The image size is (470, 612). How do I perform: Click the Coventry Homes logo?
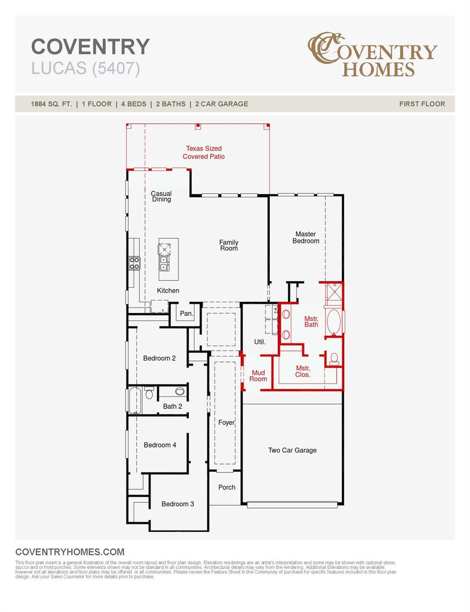click(x=372, y=55)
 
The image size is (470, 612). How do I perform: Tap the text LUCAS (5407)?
click(x=86, y=68)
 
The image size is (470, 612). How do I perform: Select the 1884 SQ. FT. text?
click(x=51, y=104)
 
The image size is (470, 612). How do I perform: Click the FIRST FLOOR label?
click(x=422, y=104)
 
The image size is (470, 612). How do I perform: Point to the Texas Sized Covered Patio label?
click(x=203, y=153)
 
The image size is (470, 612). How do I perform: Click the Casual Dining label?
click(x=161, y=196)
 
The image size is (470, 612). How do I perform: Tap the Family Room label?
click(x=229, y=245)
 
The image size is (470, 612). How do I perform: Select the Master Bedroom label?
click(x=306, y=237)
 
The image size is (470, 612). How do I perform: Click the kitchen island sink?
click(x=164, y=263)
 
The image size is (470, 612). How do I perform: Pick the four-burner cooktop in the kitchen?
click(x=134, y=263)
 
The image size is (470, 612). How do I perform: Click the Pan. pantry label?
click(x=186, y=314)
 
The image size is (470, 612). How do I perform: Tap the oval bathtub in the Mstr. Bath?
click(x=333, y=322)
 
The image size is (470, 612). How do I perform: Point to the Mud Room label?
click(x=258, y=376)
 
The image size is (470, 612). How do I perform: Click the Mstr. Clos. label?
click(x=302, y=371)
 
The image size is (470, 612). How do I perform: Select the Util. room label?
click(x=259, y=342)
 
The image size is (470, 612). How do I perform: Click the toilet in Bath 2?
click(x=149, y=394)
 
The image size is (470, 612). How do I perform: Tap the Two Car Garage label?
click(x=292, y=450)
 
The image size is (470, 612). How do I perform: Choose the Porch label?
click(x=226, y=487)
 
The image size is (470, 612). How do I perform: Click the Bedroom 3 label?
click(x=177, y=504)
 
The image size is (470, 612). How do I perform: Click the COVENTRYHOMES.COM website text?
click(x=70, y=552)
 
